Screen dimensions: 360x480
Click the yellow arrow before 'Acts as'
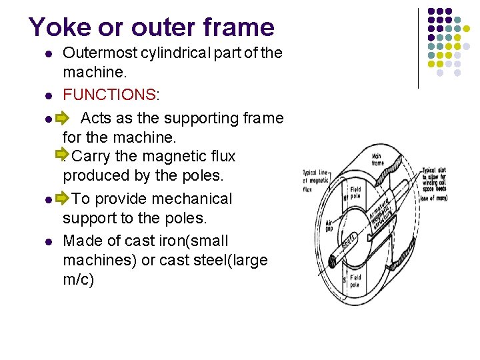(62, 119)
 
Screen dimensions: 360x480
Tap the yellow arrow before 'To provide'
(62, 199)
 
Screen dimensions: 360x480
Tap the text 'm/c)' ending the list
(79, 279)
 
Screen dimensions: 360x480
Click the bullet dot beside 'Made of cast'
(47, 242)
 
